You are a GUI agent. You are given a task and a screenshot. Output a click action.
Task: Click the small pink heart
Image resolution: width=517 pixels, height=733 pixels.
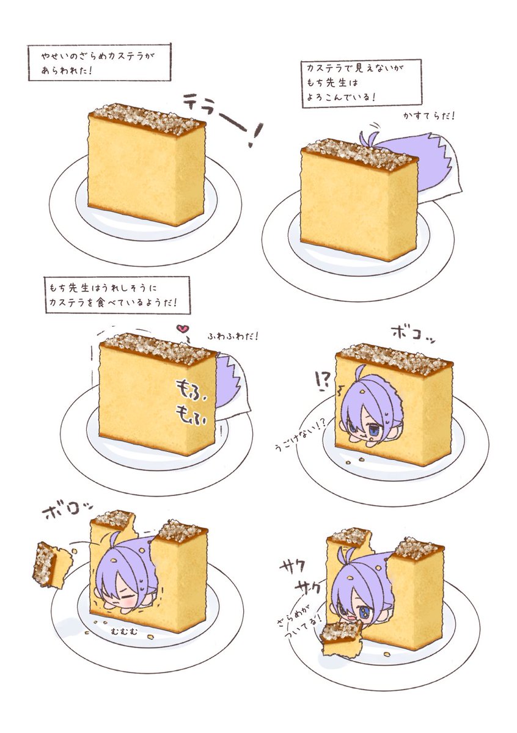[x=181, y=329]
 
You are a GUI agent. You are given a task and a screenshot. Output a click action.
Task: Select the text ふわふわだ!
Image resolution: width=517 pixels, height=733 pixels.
[x=232, y=336]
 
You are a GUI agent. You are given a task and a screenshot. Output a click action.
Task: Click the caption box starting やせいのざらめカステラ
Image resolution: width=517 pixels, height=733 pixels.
[x=100, y=62]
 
